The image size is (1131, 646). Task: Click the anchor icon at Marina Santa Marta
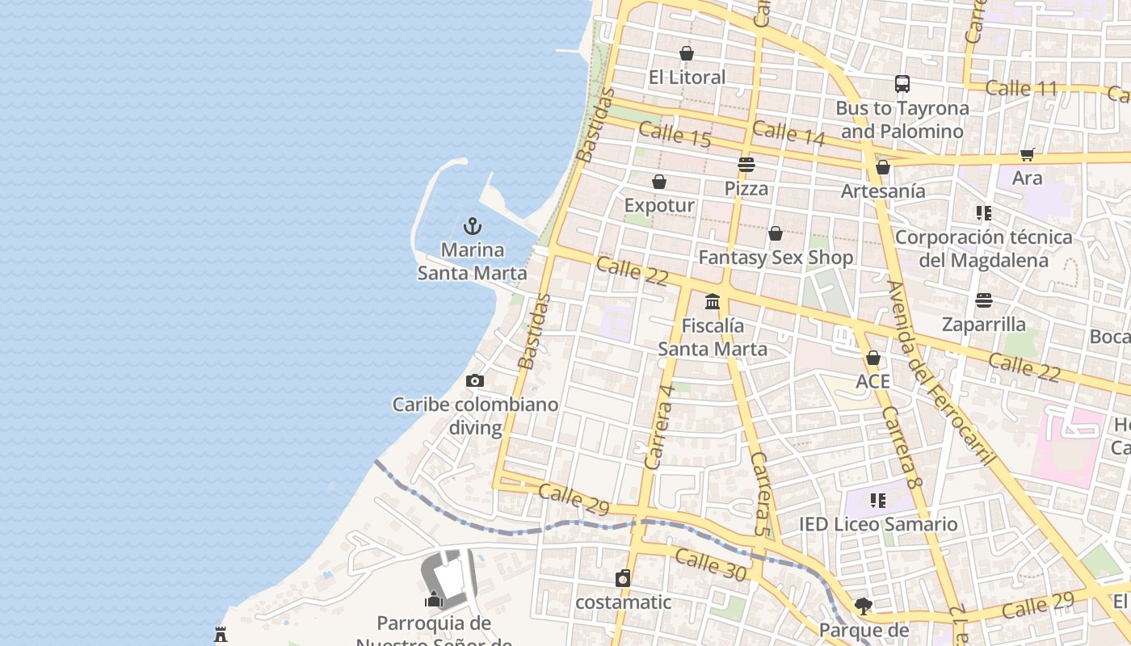[x=473, y=226]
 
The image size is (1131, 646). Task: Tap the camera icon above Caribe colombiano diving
[x=475, y=380]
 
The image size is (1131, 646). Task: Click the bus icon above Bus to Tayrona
[x=902, y=84]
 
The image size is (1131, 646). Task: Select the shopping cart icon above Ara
[x=1027, y=154]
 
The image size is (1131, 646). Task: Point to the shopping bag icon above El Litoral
[x=687, y=53]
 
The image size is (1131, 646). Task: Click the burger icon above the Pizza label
[x=746, y=165]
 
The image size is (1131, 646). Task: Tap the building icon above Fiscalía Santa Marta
[x=712, y=301]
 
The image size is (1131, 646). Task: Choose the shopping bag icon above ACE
[x=873, y=358]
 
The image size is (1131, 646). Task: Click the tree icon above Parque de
[x=863, y=606]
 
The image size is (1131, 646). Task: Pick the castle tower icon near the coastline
[x=221, y=635]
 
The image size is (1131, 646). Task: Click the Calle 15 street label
[x=675, y=135]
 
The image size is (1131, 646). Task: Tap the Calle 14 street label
[x=788, y=133]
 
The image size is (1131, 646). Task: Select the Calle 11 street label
[x=1021, y=88]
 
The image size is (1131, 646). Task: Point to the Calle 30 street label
[x=710, y=564]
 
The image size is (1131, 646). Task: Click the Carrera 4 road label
[x=660, y=426]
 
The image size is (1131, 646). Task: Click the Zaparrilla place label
[x=983, y=325]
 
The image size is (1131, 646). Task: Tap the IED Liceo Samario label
[x=878, y=524]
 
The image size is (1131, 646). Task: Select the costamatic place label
[x=623, y=602]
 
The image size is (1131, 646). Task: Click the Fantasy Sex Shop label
[x=776, y=258]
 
